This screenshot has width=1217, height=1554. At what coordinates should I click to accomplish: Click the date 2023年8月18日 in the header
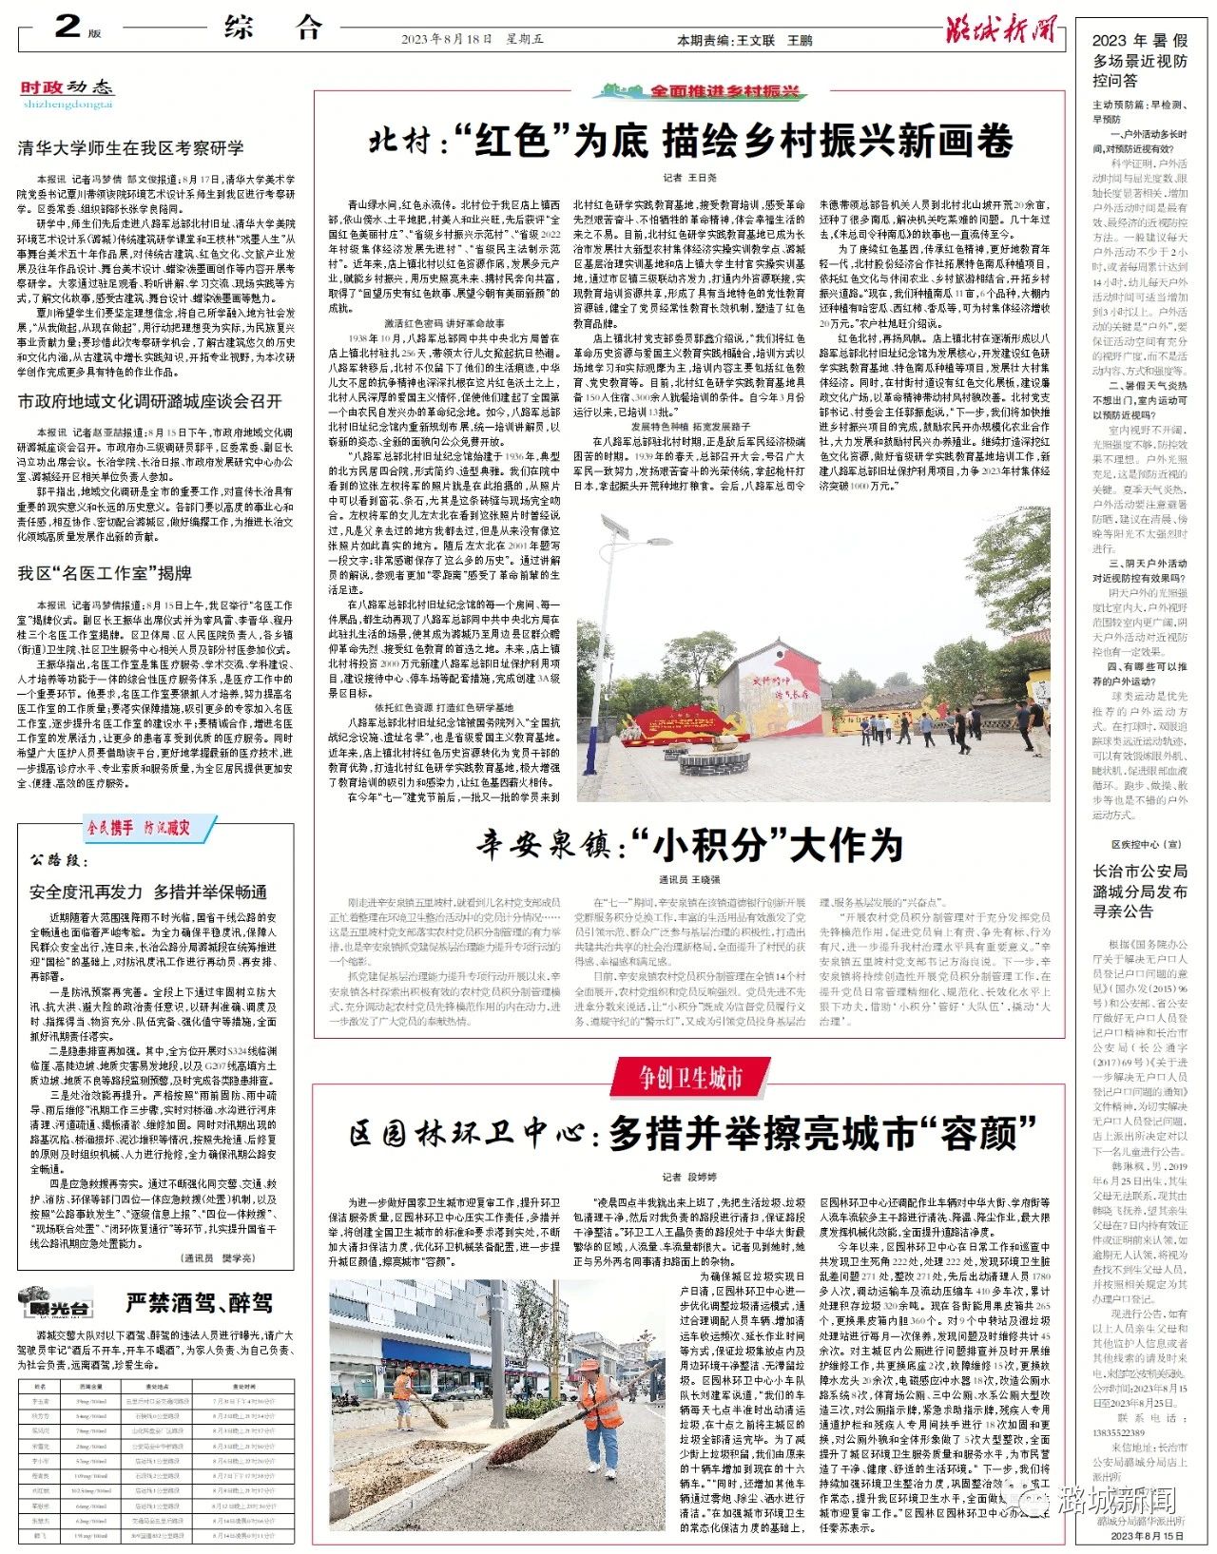pyautogui.click(x=446, y=40)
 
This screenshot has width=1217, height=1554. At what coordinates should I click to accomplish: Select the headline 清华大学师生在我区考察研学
pyautogui.click(x=131, y=147)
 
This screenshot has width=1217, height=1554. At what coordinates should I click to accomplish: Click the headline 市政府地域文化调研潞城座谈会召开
pyautogui.click(x=150, y=401)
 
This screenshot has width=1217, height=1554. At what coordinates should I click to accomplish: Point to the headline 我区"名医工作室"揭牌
pyautogui.click(x=105, y=573)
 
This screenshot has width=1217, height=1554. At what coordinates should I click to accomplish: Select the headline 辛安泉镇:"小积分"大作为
pyautogui.click(x=689, y=843)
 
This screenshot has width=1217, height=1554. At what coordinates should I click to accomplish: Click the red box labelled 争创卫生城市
pyautogui.click(x=690, y=1077)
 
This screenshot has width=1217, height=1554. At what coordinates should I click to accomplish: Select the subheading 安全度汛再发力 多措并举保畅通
pyautogui.click(x=148, y=892)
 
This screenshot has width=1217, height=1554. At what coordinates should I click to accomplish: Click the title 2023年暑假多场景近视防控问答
pyautogui.click(x=1140, y=61)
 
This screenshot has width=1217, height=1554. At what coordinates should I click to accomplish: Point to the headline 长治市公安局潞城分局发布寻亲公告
pyautogui.click(x=1140, y=892)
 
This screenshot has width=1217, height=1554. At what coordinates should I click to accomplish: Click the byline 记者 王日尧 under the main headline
pyautogui.click(x=689, y=178)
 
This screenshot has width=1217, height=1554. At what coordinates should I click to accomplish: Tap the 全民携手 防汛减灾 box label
pyautogui.click(x=139, y=827)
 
